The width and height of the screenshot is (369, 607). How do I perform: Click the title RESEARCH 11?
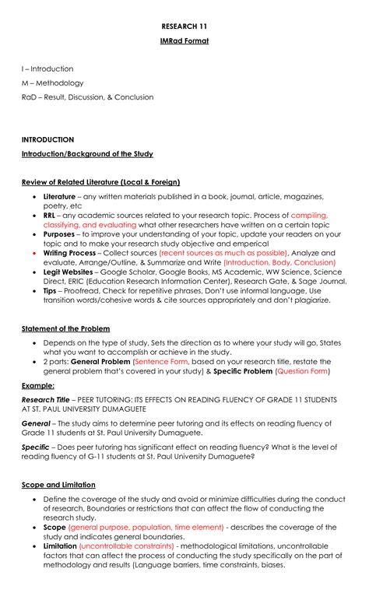click(x=184, y=25)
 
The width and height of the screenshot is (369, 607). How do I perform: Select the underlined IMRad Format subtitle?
click(x=184, y=40)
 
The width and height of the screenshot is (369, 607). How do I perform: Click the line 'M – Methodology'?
click(x=52, y=82)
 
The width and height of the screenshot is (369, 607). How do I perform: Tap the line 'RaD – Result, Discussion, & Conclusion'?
click(x=87, y=97)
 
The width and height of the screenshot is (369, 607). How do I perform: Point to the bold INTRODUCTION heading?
click(x=47, y=139)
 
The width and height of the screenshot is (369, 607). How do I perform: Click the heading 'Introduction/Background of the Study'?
click(x=87, y=154)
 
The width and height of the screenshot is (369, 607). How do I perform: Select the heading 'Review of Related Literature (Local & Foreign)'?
click(x=100, y=182)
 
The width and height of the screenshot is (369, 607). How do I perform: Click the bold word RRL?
click(x=49, y=215)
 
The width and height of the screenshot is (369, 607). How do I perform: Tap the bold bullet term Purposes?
click(x=59, y=233)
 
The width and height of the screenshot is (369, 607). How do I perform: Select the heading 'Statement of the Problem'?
click(x=65, y=328)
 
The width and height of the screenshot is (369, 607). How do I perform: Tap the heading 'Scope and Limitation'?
click(x=58, y=485)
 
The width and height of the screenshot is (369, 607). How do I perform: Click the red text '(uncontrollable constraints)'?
click(x=126, y=546)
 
